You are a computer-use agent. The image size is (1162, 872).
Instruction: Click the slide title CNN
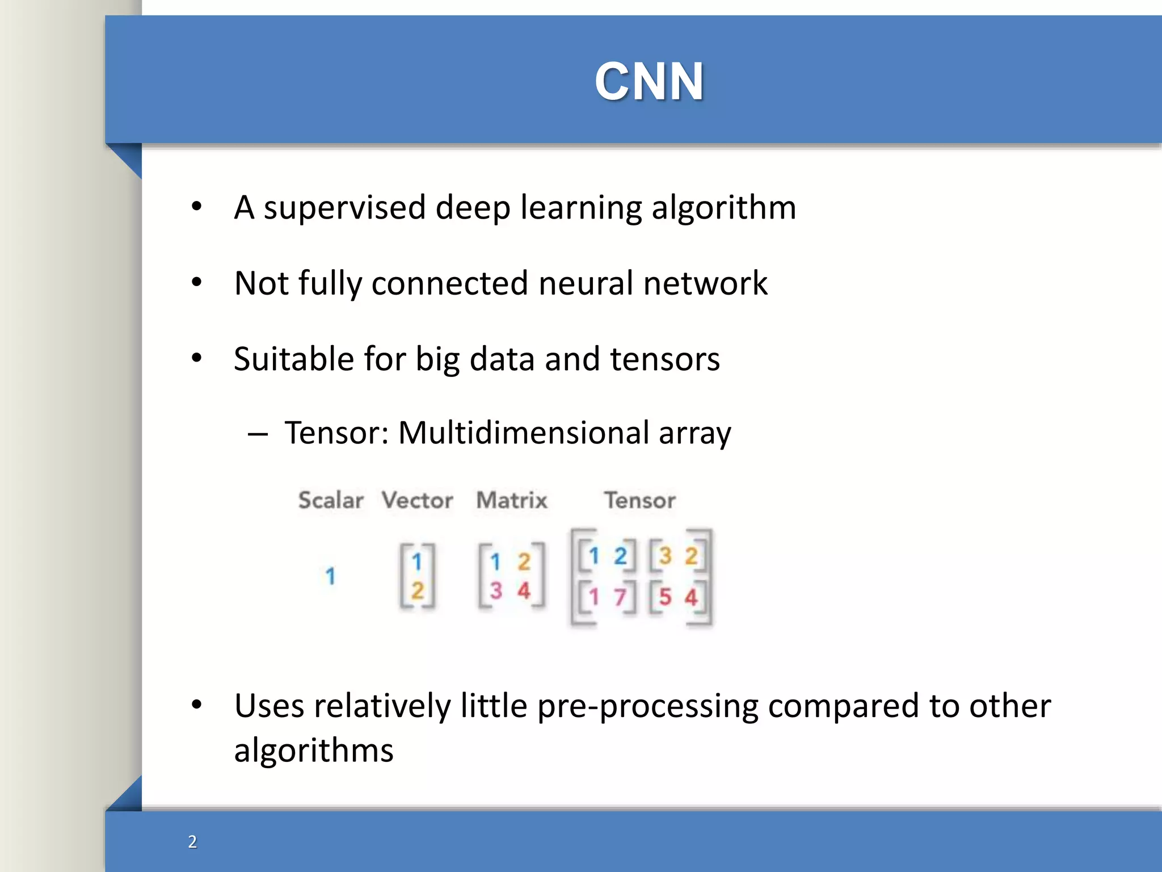coord(649,82)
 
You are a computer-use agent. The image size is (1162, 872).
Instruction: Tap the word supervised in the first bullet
coord(344,208)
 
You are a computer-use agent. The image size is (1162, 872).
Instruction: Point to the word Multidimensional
coord(523,433)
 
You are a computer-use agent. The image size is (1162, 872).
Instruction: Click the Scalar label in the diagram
coord(331,500)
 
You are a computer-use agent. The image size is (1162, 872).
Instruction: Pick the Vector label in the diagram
coord(417,500)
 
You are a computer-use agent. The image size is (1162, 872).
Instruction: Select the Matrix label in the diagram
coord(512,500)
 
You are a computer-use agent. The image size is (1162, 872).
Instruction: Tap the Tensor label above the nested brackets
coord(639,500)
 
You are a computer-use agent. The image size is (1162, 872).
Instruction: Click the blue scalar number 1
coord(330,576)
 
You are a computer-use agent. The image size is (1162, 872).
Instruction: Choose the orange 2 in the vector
coord(417,591)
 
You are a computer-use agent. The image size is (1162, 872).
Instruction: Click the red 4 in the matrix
coord(523,591)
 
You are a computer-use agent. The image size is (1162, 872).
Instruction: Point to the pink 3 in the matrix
coord(496,591)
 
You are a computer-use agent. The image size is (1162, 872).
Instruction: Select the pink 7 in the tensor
coord(620,597)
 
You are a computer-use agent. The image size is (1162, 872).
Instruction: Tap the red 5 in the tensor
coord(665,597)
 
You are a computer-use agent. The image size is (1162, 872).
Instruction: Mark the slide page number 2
coord(192,841)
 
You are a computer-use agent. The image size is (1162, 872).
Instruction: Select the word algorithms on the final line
coord(313,751)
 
